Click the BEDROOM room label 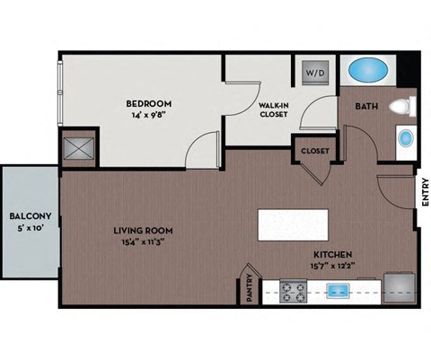(x=148, y=103)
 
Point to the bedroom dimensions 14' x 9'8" (x=148, y=115)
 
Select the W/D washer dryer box (x=316, y=70)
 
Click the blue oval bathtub (x=368, y=70)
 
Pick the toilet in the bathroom (x=407, y=106)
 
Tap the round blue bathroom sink (x=406, y=139)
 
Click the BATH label (x=366, y=107)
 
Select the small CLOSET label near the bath (x=314, y=151)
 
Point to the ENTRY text (x=423, y=195)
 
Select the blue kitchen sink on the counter (x=339, y=291)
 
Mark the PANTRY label (x=251, y=290)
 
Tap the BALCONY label (x=29, y=216)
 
